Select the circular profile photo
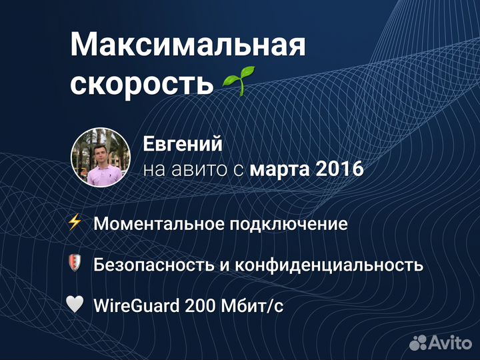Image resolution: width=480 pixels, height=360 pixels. (100, 157)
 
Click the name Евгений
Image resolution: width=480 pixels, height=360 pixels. (183, 144)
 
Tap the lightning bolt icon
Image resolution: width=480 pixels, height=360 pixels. (75, 223)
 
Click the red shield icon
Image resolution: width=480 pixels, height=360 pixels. (75, 263)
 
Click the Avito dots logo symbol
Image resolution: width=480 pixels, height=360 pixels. (418, 342)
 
